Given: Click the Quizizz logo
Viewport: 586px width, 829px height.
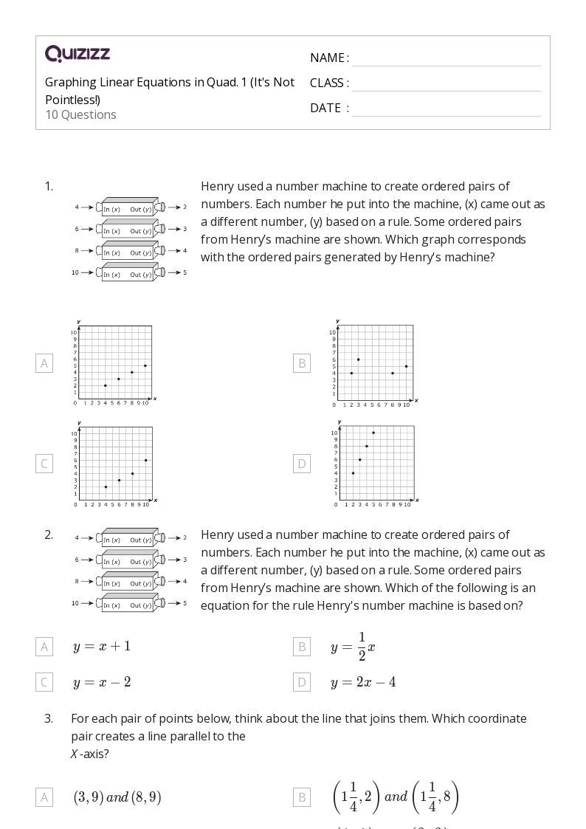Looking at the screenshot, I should click(x=77, y=53).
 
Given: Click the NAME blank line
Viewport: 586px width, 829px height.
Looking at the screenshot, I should click(x=446, y=59).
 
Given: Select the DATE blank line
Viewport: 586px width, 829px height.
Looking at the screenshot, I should click(x=446, y=109).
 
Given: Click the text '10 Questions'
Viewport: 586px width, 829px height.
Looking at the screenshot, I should click(x=80, y=114).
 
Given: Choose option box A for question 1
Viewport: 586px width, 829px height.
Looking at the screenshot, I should click(x=44, y=363).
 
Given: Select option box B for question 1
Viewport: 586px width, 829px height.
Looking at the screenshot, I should click(x=301, y=363).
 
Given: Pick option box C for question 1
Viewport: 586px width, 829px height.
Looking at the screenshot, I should click(x=44, y=464).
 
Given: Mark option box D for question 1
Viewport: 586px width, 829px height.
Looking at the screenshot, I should click(x=301, y=464).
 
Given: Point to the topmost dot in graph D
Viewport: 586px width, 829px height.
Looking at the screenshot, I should click(x=373, y=433).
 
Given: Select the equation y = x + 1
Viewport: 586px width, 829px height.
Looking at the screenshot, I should click(x=102, y=646).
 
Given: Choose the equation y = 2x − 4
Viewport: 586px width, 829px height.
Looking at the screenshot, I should click(x=363, y=682).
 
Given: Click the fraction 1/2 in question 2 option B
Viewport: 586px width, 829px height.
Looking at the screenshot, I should click(x=362, y=646).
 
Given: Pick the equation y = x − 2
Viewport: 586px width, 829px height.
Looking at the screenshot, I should click(x=102, y=682).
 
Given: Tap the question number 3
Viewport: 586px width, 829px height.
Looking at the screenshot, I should click(x=49, y=718).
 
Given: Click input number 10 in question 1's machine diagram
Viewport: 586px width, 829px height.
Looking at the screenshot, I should click(x=75, y=272).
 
